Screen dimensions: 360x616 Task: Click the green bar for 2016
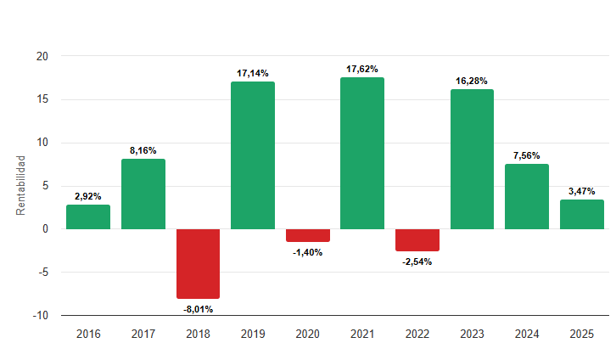point(88,217)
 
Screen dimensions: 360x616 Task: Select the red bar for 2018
point(198,263)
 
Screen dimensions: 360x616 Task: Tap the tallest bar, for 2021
point(362,153)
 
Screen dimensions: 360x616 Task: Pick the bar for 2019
point(253,155)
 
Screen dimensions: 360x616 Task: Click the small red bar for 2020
point(307,235)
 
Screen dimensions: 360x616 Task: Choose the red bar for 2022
point(417,239)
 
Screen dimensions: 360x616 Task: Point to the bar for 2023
point(472,159)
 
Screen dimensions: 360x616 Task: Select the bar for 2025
point(582,214)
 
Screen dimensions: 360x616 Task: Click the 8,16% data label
point(143,150)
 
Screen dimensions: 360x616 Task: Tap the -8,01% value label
point(198,309)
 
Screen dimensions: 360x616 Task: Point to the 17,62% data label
point(362,69)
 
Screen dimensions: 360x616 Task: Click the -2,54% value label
point(417,262)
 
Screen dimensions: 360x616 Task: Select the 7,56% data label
point(527,155)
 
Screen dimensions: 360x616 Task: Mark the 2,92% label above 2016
point(88,196)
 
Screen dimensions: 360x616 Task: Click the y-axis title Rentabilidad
point(22,186)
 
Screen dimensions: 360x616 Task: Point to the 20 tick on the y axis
point(42,56)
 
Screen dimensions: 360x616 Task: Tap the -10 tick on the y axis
point(41,315)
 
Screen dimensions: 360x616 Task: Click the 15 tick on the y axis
point(42,99)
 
